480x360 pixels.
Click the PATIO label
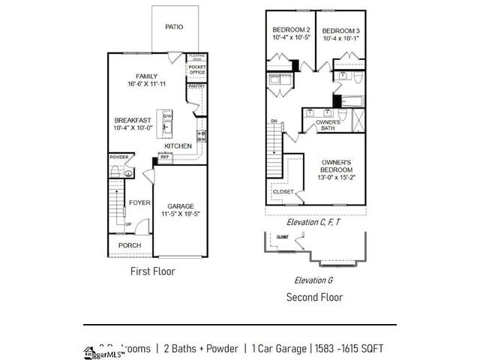(x=174, y=27)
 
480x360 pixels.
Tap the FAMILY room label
(x=146, y=76)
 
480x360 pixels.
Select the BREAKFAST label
(x=133, y=120)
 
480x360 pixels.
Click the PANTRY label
(x=196, y=86)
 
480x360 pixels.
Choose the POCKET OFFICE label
(x=196, y=70)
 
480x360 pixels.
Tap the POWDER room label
(x=118, y=157)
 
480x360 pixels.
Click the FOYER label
(x=139, y=202)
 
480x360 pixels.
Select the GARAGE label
(x=181, y=206)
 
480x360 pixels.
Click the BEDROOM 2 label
(x=290, y=30)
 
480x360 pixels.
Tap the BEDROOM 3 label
(x=341, y=30)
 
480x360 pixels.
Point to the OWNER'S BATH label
(x=327, y=124)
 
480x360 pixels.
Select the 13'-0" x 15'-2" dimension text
(x=337, y=178)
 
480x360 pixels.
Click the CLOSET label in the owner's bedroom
(x=283, y=192)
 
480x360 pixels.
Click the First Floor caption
(x=152, y=271)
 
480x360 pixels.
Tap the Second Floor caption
(x=314, y=297)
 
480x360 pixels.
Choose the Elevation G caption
(x=313, y=280)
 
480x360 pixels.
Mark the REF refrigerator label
(x=163, y=157)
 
